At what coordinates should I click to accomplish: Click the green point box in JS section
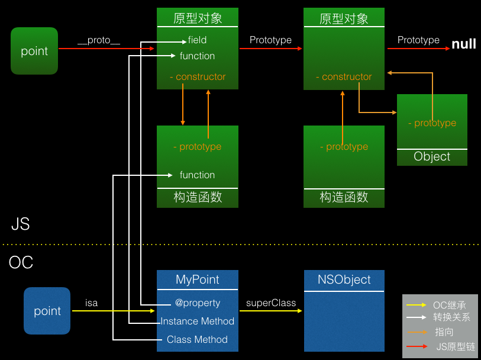click(34, 51)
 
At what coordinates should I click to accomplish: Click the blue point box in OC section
click(47, 311)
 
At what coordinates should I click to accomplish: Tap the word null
click(464, 44)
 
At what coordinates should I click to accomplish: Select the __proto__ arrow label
click(99, 40)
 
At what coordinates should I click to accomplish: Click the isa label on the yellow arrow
click(92, 303)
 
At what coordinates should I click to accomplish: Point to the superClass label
click(271, 303)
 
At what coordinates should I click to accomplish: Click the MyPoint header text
click(198, 279)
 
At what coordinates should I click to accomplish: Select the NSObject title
click(344, 279)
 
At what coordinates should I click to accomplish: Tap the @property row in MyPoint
click(198, 303)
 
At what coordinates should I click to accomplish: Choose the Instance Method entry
click(198, 321)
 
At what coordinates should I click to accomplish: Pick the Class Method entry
click(197, 339)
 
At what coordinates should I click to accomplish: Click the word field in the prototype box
click(197, 40)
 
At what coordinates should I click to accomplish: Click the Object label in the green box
click(432, 157)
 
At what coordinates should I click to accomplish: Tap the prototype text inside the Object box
click(435, 123)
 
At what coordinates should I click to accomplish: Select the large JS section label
click(20, 224)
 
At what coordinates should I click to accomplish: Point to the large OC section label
click(21, 262)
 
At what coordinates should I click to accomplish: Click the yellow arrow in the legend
click(417, 304)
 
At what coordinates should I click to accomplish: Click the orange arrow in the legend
click(417, 332)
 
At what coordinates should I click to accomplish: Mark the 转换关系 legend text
click(451, 317)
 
